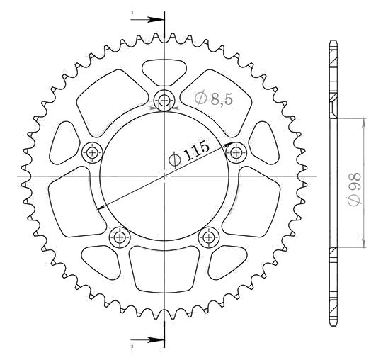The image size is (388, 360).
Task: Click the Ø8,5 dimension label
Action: [214, 99]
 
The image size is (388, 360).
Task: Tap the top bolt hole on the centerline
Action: [164, 101]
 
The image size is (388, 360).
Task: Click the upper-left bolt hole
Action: [92, 153]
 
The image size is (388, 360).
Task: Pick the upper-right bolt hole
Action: [236, 153]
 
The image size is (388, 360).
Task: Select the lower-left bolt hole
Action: [120, 237]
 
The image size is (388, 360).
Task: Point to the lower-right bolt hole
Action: [209, 237]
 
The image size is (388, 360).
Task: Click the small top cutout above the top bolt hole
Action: [164, 72]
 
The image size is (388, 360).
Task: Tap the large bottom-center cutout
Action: [164, 269]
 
